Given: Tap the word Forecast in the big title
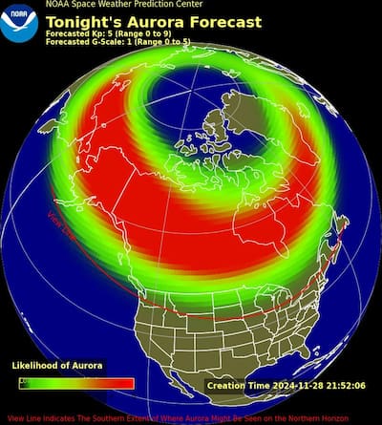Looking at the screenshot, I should pyautogui.click(x=223, y=21).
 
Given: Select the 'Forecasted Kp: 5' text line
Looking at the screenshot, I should pyautogui.click(x=108, y=33).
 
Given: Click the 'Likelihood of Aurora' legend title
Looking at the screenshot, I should pyautogui.click(x=57, y=366).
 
